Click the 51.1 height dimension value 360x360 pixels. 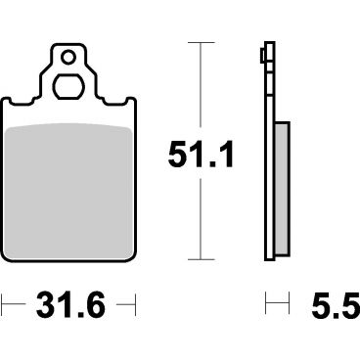[x=201, y=154]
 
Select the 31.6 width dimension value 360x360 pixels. [x=70, y=305]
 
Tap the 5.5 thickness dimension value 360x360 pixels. [x=336, y=305]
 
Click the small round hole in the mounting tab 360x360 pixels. [x=68, y=58]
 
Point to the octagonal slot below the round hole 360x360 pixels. [x=68, y=87]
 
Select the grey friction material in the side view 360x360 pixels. [x=282, y=189]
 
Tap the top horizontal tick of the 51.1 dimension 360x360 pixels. [x=201, y=42]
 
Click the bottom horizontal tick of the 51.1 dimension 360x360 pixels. [x=201, y=259]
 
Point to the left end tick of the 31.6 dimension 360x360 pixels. [x=2, y=305]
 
